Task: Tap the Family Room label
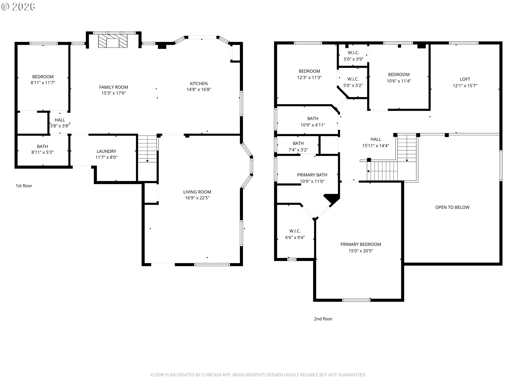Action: tap(114, 87)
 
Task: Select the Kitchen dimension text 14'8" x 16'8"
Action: tap(199, 89)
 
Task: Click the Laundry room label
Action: tap(106, 151)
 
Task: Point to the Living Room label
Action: tap(197, 192)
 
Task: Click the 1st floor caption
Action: tap(24, 186)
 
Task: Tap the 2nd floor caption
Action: tap(323, 319)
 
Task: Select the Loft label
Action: tap(465, 79)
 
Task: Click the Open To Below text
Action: tap(452, 207)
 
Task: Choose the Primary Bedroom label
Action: tap(361, 244)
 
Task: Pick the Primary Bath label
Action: tap(312, 175)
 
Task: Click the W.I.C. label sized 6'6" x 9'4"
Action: tap(295, 231)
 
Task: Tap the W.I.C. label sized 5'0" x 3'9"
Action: tap(354, 53)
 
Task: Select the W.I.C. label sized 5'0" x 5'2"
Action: tap(353, 79)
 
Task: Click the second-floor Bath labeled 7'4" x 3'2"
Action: tap(298, 143)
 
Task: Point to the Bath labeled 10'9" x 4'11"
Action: tap(313, 119)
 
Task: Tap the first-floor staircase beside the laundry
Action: tap(147, 149)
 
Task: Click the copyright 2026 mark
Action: tap(18, 7)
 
